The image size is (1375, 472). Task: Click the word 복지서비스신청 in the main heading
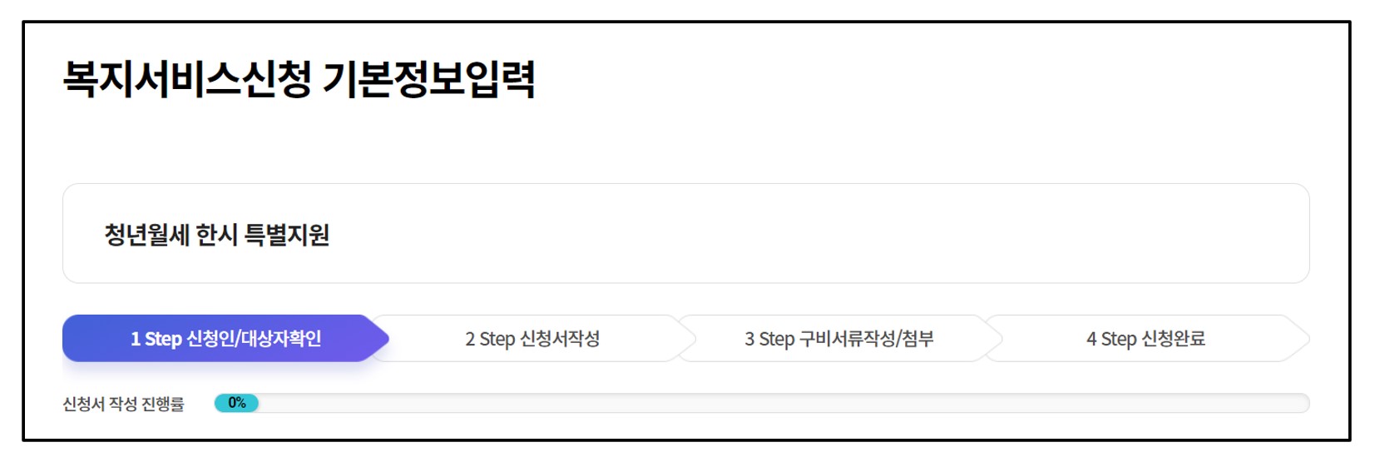pos(187,79)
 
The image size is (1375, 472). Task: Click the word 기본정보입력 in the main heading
pos(428,79)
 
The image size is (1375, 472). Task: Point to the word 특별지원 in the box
pos(287,235)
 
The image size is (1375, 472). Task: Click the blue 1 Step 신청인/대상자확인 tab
pos(225,339)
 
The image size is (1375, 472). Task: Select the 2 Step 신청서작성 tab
pos(532,339)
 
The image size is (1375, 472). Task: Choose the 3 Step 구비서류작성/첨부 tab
pos(838,339)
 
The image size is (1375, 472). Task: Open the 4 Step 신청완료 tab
pos(1145,339)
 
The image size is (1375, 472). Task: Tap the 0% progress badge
pos(237,403)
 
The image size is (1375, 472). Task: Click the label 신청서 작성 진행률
pos(123,404)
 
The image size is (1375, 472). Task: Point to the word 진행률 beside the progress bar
pos(163,404)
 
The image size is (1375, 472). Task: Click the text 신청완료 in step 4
pos(1173,339)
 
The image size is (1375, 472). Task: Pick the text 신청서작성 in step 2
pos(560,339)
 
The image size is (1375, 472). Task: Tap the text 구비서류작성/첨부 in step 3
pos(866,339)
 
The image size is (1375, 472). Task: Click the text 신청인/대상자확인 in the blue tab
pos(254,339)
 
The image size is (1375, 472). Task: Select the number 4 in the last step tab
pos(1091,339)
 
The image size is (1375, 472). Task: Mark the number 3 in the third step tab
pos(749,339)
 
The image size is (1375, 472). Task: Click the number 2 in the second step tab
pos(470,339)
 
